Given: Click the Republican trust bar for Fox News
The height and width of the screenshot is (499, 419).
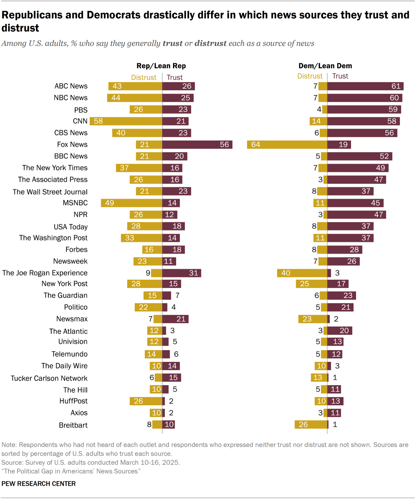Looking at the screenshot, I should click(x=197, y=144).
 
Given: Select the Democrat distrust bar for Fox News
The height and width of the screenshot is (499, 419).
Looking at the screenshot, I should click(x=287, y=144).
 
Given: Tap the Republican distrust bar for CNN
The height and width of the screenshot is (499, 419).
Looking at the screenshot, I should click(x=126, y=121).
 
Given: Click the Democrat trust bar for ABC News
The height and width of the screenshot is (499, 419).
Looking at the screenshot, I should click(x=365, y=86).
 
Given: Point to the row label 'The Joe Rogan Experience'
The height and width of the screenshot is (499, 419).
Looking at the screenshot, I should click(x=45, y=273).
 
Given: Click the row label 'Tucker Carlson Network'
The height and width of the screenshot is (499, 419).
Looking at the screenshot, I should click(x=49, y=378).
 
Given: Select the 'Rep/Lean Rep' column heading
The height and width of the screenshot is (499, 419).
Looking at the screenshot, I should click(x=161, y=66).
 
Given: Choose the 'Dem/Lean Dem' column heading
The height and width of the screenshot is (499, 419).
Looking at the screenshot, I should click(x=325, y=66).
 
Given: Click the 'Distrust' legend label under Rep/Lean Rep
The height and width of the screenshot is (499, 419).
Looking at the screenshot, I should click(x=144, y=77).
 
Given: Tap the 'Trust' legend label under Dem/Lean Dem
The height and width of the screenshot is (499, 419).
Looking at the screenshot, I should click(x=340, y=76).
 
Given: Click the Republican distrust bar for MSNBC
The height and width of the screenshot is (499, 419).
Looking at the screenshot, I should click(x=132, y=203).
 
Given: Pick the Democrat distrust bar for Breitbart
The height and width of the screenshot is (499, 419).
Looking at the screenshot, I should click(x=311, y=424).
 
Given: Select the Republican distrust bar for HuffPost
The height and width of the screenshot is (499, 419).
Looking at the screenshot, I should click(x=146, y=401).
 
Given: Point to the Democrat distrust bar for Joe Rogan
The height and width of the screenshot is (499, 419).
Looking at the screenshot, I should click(x=302, y=273).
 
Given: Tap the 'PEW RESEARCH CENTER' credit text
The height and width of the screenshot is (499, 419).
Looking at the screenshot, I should click(x=39, y=484).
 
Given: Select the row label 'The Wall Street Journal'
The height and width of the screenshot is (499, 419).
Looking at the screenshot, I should click(x=50, y=192).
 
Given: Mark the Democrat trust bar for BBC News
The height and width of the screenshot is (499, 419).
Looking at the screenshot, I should click(x=359, y=156).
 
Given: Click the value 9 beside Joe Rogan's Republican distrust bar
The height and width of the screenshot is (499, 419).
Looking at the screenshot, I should click(x=148, y=273).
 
